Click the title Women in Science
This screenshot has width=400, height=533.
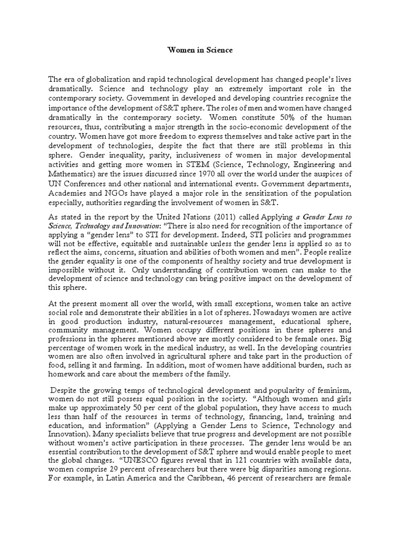(199, 50)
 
